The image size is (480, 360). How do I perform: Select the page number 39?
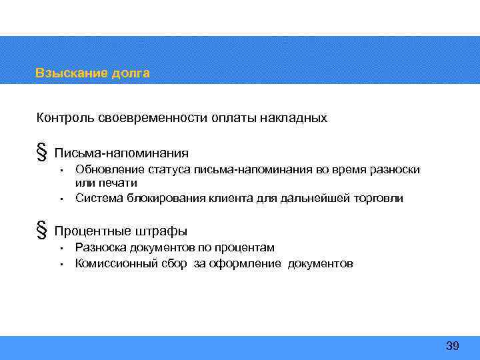(x=453, y=345)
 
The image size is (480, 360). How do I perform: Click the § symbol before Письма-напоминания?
(x=41, y=153)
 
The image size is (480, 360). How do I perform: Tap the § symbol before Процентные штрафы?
(x=41, y=231)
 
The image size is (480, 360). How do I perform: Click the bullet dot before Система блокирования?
(x=60, y=199)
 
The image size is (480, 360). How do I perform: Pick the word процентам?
(x=246, y=247)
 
